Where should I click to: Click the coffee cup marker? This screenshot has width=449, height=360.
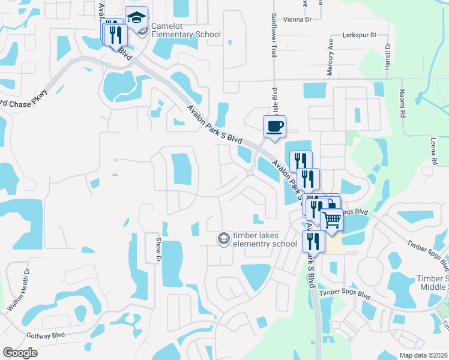point(274,127)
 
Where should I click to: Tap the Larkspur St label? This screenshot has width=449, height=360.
point(358,35)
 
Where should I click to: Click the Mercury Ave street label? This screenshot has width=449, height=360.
point(330,58)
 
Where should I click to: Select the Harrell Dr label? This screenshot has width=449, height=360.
point(388,55)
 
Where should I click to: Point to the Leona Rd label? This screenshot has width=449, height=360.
point(433,151)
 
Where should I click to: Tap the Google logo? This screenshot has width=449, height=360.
point(20,353)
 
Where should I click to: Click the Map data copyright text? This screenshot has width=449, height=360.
point(423,355)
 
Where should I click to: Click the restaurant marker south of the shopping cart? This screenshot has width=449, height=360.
point(313,241)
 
